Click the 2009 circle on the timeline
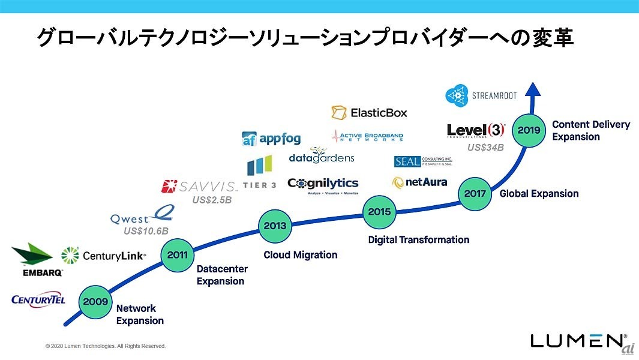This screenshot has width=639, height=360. pyautogui.click(x=95, y=301)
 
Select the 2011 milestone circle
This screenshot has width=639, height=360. pyautogui.click(x=177, y=255)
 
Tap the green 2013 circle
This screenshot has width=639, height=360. pyautogui.click(x=275, y=226)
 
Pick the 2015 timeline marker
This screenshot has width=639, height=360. pyautogui.click(x=379, y=211)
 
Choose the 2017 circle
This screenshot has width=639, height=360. pyautogui.click(x=475, y=193)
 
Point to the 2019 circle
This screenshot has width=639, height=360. pyautogui.click(x=529, y=130)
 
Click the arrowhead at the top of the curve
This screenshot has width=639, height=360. pyautogui.click(x=533, y=89)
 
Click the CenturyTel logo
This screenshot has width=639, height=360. pyautogui.click(x=38, y=299)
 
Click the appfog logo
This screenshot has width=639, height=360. pyautogui.click(x=271, y=139)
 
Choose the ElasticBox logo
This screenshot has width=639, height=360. pyautogui.click(x=369, y=112)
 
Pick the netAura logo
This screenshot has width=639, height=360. pyautogui.click(x=419, y=182)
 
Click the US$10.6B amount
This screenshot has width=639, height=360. pyautogui.click(x=146, y=231)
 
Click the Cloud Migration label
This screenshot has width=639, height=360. pyautogui.click(x=301, y=255)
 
